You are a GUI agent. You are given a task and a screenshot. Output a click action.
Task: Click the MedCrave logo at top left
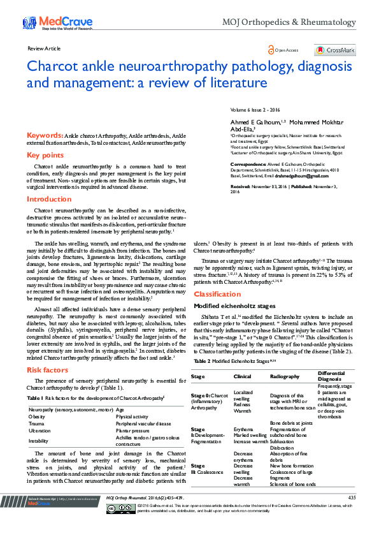pyautogui.click(x=54, y=23)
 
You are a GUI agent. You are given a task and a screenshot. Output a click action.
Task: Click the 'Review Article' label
pyautogui.click(x=44, y=48)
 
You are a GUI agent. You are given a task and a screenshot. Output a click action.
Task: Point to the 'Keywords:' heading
pyautogui.click(x=45, y=136)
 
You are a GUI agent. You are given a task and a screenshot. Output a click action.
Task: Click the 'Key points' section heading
pyautogui.click(x=45, y=155)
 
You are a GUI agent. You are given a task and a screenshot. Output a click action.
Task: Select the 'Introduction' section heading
pyautogui.click(x=49, y=199)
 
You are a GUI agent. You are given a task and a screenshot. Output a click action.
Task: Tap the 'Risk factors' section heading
pyautogui.click(x=48, y=369)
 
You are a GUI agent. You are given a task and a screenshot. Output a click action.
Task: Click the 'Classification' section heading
pyautogui.click(x=217, y=294)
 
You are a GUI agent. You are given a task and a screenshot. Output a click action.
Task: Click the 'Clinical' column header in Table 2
pyautogui.click(x=243, y=377)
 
